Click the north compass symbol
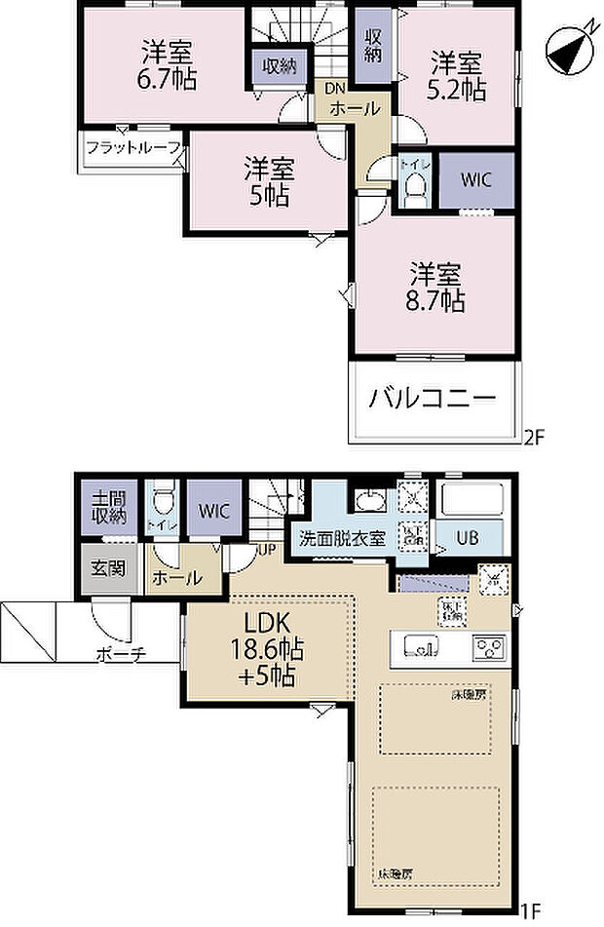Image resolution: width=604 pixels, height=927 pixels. click(x=567, y=44)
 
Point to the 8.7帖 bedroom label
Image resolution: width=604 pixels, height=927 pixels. click(x=436, y=287)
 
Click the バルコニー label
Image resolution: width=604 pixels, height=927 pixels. click(x=433, y=400)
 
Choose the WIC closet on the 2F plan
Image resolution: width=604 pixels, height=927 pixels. click(x=476, y=179)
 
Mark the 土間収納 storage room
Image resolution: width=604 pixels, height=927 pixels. click(x=109, y=507)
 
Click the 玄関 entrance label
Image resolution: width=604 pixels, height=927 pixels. click(x=108, y=568)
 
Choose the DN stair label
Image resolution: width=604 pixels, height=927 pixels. click(x=334, y=89)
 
